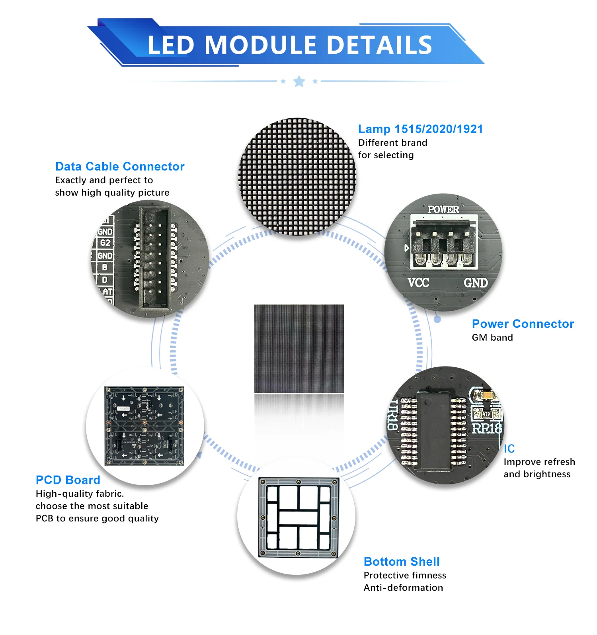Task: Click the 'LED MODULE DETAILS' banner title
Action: [290, 45]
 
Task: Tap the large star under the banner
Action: [299, 81]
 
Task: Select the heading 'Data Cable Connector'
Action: [120, 167]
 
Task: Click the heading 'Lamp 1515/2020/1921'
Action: [420, 129]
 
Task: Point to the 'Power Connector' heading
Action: [523, 324]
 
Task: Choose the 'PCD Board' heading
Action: [68, 480]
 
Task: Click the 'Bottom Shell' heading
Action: [402, 562]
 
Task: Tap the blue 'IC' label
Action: [509, 449]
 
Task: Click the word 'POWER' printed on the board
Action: [443, 209]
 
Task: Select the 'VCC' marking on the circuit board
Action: [418, 283]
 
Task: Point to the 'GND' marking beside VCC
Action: [476, 283]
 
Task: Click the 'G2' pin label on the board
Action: [105, 243]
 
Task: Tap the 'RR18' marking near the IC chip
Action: [486, 429]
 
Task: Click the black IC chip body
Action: [435, 430]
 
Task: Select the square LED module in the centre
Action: [299, 349]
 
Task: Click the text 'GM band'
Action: [492, 338]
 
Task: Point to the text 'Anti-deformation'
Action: [403, 588]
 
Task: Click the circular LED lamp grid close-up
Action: [297, 176]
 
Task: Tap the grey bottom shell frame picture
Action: [298, 517]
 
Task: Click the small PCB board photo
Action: [144, 426]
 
